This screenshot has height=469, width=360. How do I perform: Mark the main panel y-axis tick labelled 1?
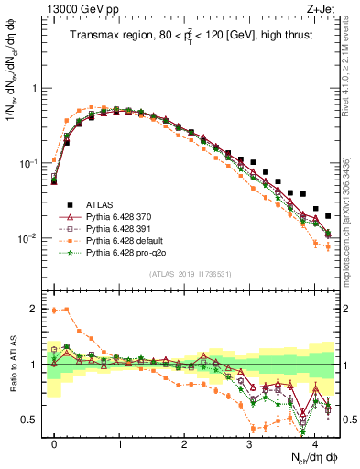pos(37,89)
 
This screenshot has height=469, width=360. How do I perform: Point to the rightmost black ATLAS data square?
pos(328,216)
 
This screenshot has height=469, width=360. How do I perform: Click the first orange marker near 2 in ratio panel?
pos(54,311)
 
